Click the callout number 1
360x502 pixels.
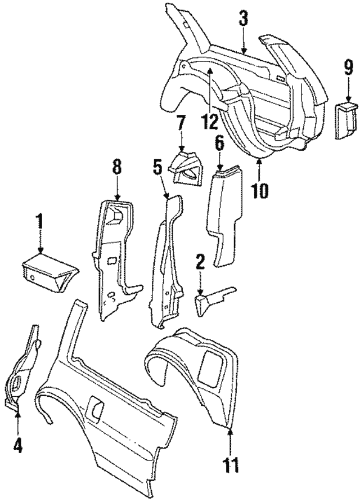(40, 222)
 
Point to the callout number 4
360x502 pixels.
(17, 445)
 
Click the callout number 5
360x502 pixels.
(159, 167)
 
